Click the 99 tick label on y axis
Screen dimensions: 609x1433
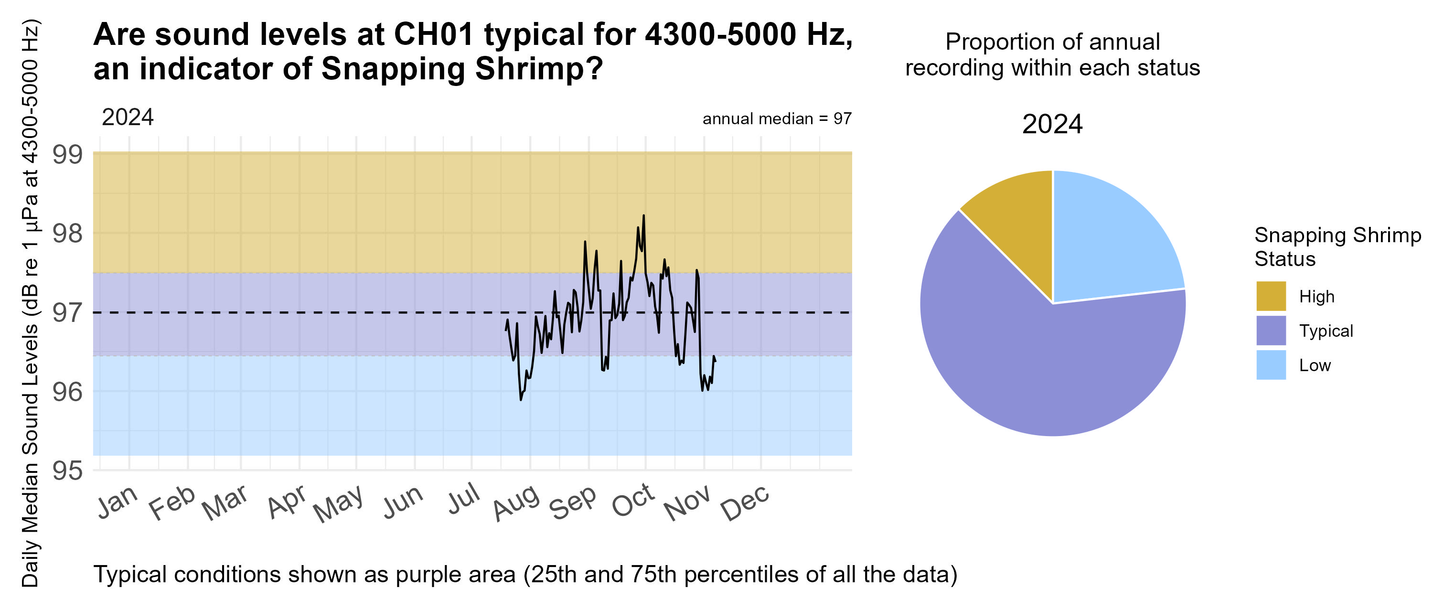67,155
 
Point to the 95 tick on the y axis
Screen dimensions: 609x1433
67,470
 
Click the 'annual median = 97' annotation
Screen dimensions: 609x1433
777,118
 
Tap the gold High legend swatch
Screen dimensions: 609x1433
1271,296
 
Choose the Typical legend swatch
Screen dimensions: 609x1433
1271,331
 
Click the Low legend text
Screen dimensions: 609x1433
1315,365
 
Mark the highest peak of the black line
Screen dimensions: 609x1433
643,216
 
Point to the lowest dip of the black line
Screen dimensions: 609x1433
521,399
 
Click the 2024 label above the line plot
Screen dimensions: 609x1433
128,118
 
